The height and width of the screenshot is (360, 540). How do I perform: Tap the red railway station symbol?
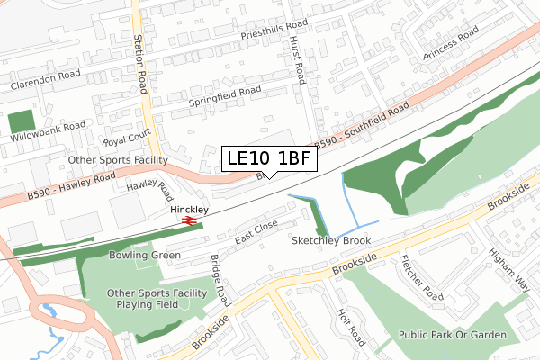click(189, 220)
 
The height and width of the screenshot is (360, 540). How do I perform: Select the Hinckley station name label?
click(189, 209)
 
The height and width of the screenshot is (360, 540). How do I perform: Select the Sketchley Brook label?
click(331, 241)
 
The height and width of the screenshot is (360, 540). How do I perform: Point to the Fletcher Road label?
click(420, 283)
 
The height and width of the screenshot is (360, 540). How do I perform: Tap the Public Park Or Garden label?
click(454, 335)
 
